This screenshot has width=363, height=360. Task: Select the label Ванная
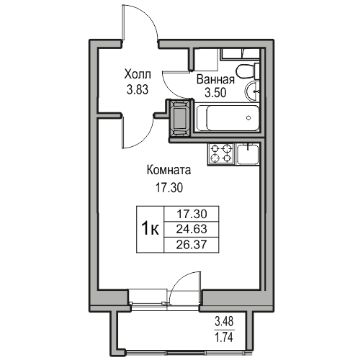214,81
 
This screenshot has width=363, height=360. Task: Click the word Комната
168,171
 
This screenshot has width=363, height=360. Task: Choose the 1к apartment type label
150,229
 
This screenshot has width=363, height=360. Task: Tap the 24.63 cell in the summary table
191,229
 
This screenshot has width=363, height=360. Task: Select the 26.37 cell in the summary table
191,243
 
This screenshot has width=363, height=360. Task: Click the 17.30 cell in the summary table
191,215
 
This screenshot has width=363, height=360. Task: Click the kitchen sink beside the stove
247,153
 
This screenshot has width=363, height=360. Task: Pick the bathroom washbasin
253,92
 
